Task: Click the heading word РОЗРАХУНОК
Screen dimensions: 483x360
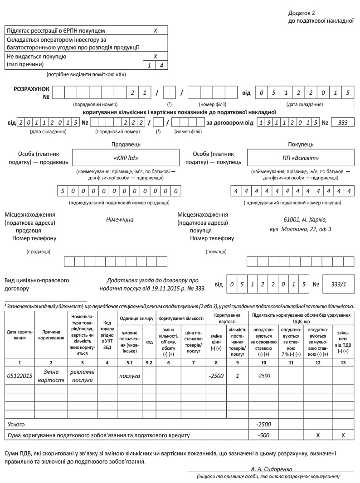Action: coord(32,89)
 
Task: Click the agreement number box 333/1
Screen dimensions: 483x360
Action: coord(338,284)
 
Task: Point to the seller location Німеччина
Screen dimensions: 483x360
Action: coord(120,219)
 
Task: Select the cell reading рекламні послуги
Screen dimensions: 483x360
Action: coord(82,376)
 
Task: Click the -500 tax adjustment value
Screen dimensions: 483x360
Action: coord(263,435)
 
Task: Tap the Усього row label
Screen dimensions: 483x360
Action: coord(16,425)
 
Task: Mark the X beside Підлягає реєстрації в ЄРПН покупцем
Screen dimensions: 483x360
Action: coord(155,31)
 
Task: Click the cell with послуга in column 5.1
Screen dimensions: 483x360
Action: coord(130,376)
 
